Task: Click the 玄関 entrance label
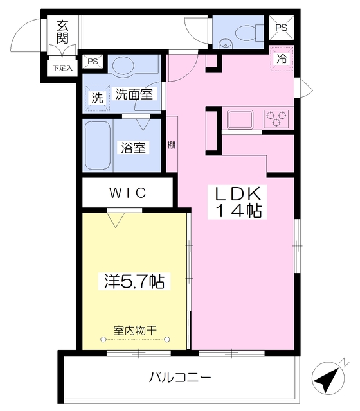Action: [62, 31]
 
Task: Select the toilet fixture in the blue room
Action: [244, 31]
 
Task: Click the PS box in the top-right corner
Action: [282, 28]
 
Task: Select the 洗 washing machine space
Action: [96, 99]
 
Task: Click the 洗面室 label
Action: [134, 94]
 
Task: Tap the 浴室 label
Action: [134, 148]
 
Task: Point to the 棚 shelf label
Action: [172, 144]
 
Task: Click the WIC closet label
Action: [127, 192]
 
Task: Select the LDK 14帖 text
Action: [237, 201]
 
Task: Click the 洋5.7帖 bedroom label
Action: [134, 281]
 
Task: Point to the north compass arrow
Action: [328, 378]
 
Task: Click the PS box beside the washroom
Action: [93, 62]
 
